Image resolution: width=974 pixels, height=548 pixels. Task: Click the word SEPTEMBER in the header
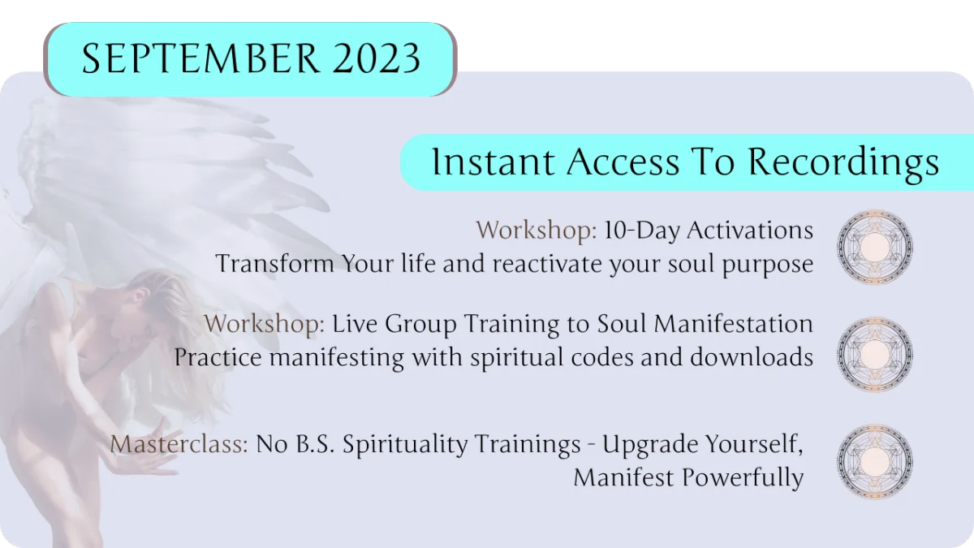pos(200,58)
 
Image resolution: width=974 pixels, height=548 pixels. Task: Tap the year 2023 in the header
pos(377,58)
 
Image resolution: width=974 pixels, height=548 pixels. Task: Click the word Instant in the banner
pos(493,162)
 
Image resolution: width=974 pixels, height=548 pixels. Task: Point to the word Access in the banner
pos(623,162)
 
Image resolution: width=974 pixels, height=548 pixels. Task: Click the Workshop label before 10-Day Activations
pos(537,230)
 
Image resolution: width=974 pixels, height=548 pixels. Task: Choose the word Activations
pos(750,230)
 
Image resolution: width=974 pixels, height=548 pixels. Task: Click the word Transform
pos(275,264)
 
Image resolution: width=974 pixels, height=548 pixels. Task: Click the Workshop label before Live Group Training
pos(265,324)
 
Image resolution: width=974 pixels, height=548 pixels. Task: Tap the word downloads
pos(752,356)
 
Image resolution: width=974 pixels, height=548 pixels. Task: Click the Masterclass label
pos(179,443)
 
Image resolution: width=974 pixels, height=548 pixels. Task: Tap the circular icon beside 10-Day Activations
pos(875,247)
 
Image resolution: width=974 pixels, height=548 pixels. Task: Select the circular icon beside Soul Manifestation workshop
pos(875,354)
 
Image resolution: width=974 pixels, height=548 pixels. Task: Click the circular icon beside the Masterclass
pos(875,461)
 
